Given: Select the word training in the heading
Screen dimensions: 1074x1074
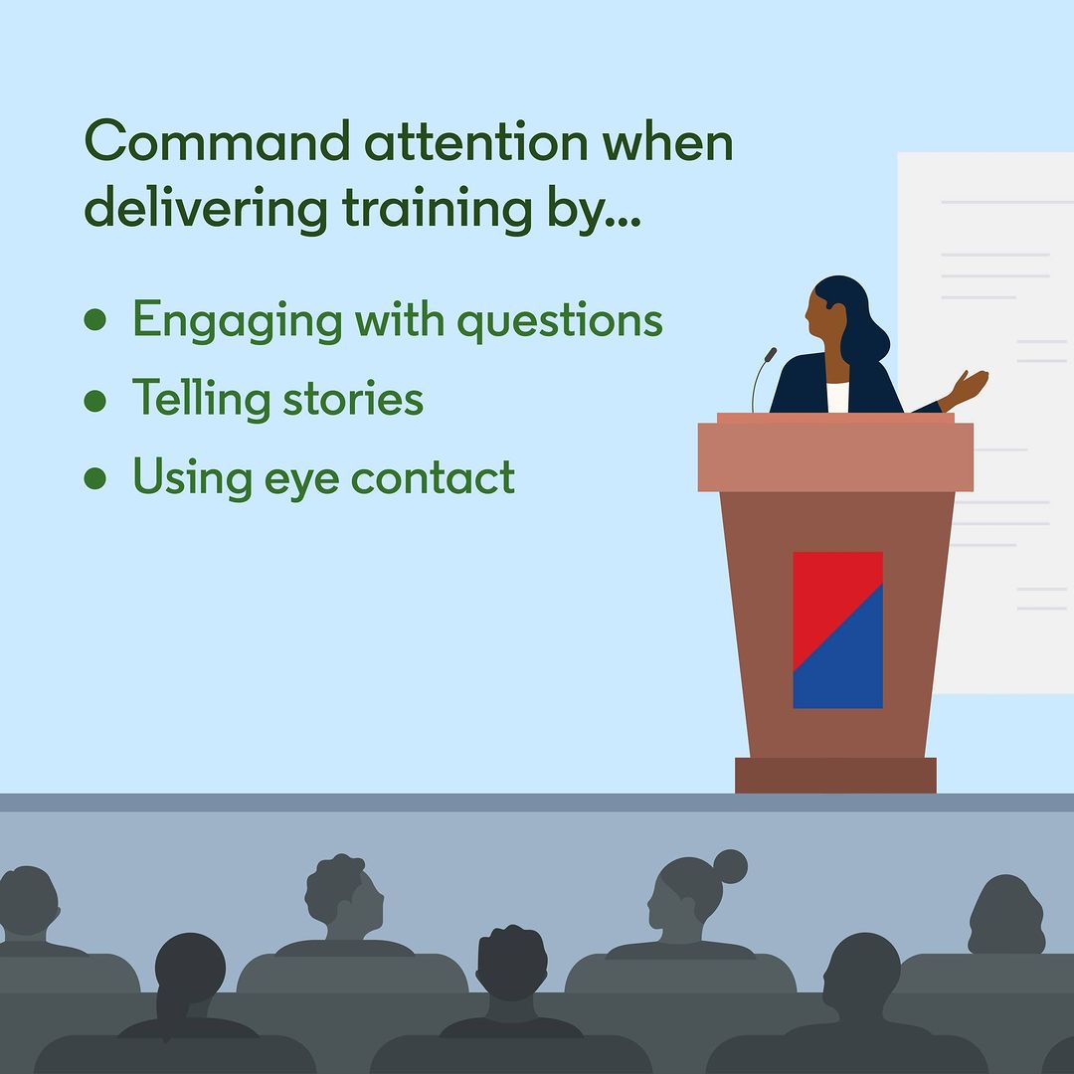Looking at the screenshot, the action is click(437, 208).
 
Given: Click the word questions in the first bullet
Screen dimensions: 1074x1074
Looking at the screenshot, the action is click(560, 321).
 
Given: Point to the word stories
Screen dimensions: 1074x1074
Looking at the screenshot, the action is click(353, 398).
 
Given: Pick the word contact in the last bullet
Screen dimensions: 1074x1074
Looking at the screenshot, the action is click(433, 477).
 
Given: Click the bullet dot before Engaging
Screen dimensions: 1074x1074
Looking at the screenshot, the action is click(95, 319).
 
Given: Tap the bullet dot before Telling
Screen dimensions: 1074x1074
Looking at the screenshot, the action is click(95, 401).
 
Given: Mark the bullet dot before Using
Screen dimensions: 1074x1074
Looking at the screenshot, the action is click(95, 478).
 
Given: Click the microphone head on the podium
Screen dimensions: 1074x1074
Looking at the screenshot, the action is click(771, 355).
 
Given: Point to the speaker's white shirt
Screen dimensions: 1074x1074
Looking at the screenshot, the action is click(837, 397).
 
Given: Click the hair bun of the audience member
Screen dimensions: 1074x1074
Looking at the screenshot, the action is click(730, 866).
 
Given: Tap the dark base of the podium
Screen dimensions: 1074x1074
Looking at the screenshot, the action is click(835, 776).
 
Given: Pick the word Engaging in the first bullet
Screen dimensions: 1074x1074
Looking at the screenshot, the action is click(237, 321).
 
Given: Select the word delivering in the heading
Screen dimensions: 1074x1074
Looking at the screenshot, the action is click(206, 208).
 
